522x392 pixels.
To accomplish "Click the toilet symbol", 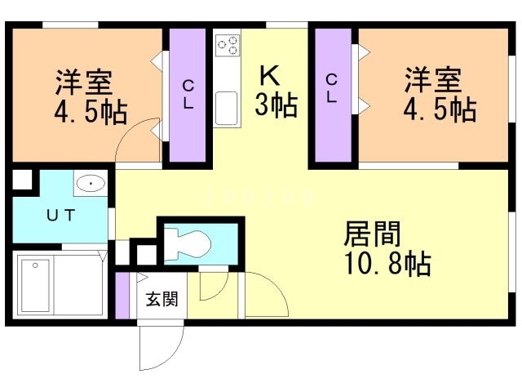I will coord(188,242).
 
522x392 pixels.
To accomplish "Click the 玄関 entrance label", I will coord(161,299).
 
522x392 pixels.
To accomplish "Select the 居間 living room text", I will coord(372,235).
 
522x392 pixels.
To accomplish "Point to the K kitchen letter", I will coord(269,76).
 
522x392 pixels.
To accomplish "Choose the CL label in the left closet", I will coord(188,93).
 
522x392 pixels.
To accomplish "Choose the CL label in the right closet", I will coord(332,88).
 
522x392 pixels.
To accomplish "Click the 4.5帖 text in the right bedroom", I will coord(440,109).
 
